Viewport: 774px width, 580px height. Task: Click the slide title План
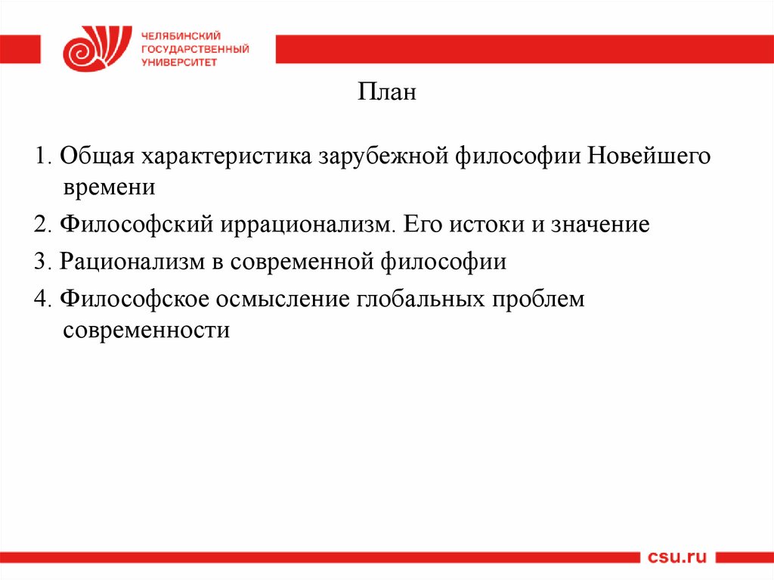coord(386,95)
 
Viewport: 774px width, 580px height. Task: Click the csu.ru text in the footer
coord(677,558)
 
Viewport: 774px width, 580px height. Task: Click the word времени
coord(109,186)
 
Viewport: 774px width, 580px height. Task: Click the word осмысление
coord(282,299)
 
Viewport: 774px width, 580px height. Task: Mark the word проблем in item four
coord(539,299)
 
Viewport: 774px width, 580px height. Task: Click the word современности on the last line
coord(146,330)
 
